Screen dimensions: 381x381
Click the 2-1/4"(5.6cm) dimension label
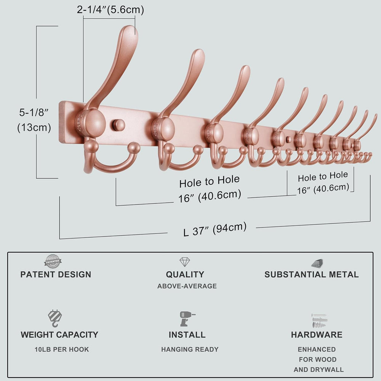pyautogui.click(x=110, y=10)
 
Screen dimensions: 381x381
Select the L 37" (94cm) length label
pyautogui.click(x=215, y=229)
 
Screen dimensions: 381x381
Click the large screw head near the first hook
pyautogui.click(x=119, y=125)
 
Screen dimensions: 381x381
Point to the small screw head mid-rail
pyautogui.click(x=289, y=140)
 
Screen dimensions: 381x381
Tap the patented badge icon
pyautogui.click(x=53, y=261)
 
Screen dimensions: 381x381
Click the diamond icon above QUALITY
pyautogui.click(x=185, y=262)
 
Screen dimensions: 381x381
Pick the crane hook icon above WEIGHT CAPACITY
pyautogui.click(x=55, y=318)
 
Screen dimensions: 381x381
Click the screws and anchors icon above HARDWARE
pyautogui.click(x=319, y=321)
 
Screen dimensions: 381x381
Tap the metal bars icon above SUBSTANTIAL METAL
pyautogui.click(x=317, y=263)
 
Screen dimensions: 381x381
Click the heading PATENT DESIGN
pyautogui.click(x=56, y=275)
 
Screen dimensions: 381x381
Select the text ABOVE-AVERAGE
pyautogui.click(x=187, y=286)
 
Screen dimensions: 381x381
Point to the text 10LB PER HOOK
pyautogui.click(x=62, y=349)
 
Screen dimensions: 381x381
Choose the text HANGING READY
pyautogui.click(x=190, y=349)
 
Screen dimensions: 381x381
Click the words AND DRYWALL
pyautogui.click(x=319, y=370)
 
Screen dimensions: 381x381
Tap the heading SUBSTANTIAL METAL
pyautogui.click(x=312, y=275)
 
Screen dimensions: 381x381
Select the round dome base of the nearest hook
pyautogui.click(x=91, y=123)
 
